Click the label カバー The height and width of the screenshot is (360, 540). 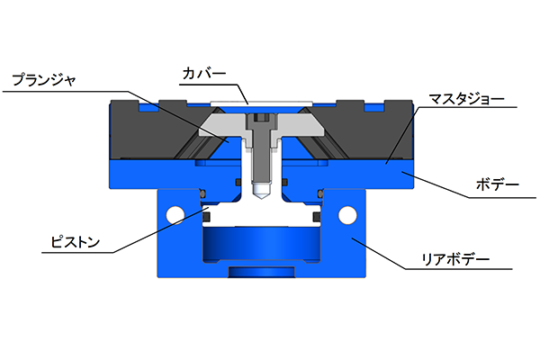click(x=204, y=74)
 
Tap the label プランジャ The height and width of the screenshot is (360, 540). click(x=44, y=80)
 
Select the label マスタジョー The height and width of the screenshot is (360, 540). click(x=466, y=99)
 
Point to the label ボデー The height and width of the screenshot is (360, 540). click(x=498, y=185)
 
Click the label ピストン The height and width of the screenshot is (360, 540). click(x=75, y=241)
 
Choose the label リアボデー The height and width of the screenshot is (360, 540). click(x=455, y=259)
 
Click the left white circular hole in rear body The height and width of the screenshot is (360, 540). click(x=175, y=215)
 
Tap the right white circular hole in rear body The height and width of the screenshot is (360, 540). click(x=347, y=215)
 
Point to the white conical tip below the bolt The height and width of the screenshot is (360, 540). click(x=261, y=191)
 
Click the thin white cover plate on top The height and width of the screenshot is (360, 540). click(x=261, y=103)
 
